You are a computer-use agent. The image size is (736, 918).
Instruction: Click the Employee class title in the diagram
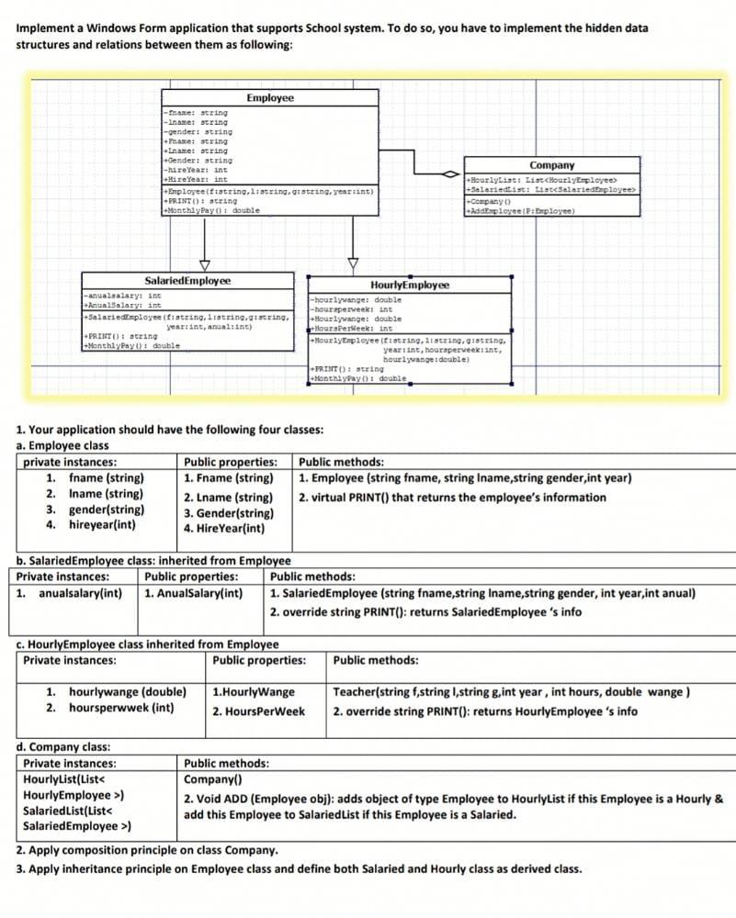point(270,97)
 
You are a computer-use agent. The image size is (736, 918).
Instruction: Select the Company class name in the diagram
point(551,165)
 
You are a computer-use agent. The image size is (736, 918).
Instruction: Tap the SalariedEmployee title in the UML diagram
point(188,280)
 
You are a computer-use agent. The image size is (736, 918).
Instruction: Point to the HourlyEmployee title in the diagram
point(410,285)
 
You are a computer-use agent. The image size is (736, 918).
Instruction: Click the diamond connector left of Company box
point(450,174)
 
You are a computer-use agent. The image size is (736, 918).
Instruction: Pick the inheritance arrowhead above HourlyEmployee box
point(353,264)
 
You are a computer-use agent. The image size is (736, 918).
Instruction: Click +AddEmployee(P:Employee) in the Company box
point(521,210)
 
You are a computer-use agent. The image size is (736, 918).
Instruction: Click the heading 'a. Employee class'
point(62,445)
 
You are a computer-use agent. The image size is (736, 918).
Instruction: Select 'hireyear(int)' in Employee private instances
point(102,525)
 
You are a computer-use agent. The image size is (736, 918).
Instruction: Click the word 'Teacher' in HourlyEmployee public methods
point(355,691)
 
